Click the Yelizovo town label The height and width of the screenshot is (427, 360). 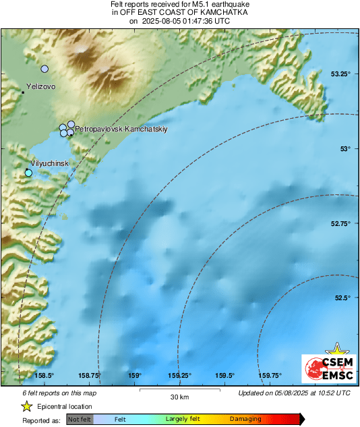[40, 87]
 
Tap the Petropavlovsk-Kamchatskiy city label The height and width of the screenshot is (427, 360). [121, 127]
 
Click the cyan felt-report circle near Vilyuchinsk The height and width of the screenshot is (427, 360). [28, 173]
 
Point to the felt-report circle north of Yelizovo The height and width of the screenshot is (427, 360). [44, 69]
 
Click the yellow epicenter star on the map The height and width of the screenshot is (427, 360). [335, 349]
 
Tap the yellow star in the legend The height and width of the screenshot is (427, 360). [27, 406]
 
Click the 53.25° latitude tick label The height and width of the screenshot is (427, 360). [341, 74]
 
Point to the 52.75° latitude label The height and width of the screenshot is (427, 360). [341, 223]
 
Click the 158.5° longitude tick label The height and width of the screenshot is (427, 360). [44, 375]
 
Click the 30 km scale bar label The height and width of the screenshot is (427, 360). [179, 395]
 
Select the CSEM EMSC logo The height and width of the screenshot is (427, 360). [326, 369]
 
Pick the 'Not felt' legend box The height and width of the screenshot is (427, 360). [80, 419]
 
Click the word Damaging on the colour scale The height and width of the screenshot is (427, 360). [245, 419]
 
